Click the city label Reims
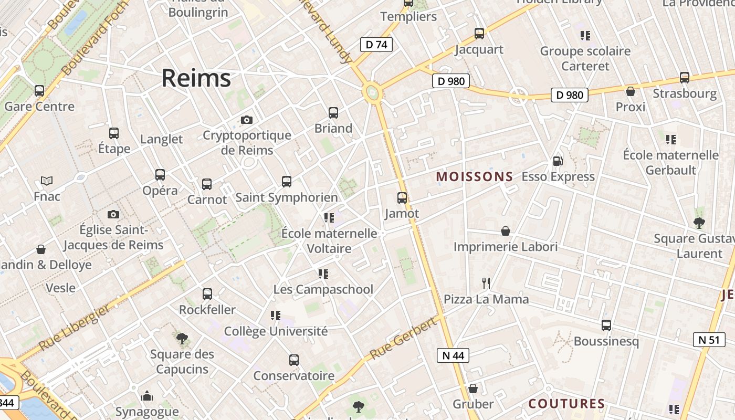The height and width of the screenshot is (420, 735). pos(196,78)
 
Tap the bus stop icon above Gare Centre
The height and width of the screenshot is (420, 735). pos(39,91)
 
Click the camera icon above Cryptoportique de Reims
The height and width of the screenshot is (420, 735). pos(246,120)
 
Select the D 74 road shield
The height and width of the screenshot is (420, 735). pos(376,45)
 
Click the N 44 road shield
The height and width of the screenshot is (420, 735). pos(453,355)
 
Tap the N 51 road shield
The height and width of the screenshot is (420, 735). pos(709,340)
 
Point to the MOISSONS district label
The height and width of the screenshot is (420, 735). pos(474,177)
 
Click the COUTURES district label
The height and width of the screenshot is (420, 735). pos(566,404)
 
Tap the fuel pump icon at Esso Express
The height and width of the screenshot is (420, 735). pos(558,161)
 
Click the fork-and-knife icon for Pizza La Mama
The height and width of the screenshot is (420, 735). pos(486,283)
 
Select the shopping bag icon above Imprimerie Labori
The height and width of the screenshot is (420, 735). pos(505,231)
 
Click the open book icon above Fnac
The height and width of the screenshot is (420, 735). pos(47,181)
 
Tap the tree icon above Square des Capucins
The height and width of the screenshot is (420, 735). pos(182,339)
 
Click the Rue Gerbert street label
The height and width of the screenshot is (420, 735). pos(403,339)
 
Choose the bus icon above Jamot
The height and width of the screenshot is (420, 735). pos(402,198)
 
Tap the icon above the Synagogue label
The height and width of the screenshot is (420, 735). pos(147,395)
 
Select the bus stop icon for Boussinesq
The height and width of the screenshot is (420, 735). pos(606,325)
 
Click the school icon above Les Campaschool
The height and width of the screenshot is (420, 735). pos(323,274)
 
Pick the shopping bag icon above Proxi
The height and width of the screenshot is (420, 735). pos(631,91)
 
